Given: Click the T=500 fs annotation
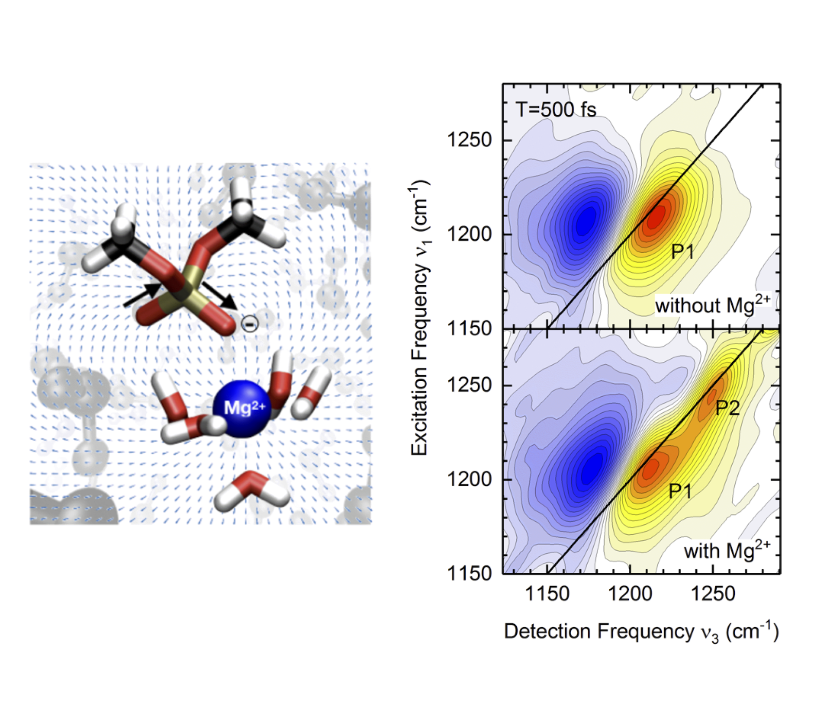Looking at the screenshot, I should click(556, 110).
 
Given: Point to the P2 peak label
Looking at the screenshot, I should click(728, 408).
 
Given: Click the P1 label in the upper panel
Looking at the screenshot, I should click(682, 252).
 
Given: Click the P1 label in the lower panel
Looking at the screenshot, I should click(680, 491).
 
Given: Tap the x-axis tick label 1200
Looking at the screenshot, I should click(630, 594).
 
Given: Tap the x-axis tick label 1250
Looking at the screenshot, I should click(713, 594).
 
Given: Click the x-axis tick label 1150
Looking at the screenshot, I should click(547, 594).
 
